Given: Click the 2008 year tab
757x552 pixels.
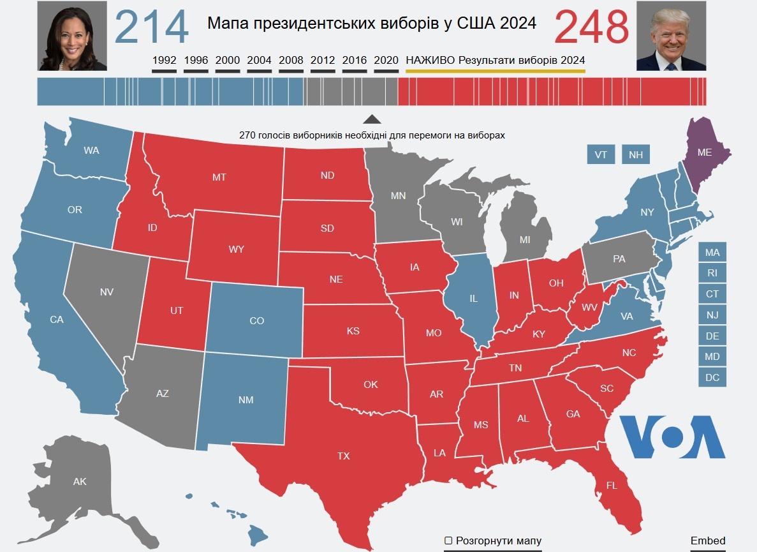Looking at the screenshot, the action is pos(291,61).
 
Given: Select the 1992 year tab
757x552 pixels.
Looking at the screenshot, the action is pos(164,61).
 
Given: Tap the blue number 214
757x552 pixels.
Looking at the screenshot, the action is pos(151,27).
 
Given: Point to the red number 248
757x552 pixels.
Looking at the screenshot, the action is pos(592,27).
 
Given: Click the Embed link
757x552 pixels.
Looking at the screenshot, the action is pos(708,541).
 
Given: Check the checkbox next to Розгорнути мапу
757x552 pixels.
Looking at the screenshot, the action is pos(448,541).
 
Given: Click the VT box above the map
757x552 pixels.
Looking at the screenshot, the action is pos(601,154).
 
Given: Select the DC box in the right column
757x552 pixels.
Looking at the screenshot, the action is pos(712,378).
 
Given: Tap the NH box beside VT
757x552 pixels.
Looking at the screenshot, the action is pos(636,154).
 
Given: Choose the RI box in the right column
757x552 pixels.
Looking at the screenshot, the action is pos(712,273).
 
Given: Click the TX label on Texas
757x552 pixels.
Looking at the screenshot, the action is pos(343,456).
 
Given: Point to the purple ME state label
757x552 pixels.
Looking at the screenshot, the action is pos(704,152).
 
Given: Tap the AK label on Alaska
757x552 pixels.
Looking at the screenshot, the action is pos(80,482).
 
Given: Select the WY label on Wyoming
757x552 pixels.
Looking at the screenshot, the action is pos(236,249).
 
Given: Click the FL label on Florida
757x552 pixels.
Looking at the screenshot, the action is pos(612,486).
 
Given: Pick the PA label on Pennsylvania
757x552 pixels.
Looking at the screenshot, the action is pos(619,259).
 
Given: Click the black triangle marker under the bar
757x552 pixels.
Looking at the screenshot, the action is pos(372,119).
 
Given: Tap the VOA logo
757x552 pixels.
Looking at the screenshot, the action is pos(672,436).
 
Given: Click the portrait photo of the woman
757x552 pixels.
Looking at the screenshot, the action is pos(73,36).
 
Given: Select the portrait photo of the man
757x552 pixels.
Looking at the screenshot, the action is pos(671,36).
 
